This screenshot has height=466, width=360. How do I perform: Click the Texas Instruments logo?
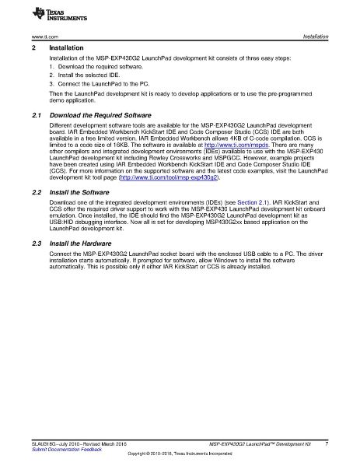(33, 13)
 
